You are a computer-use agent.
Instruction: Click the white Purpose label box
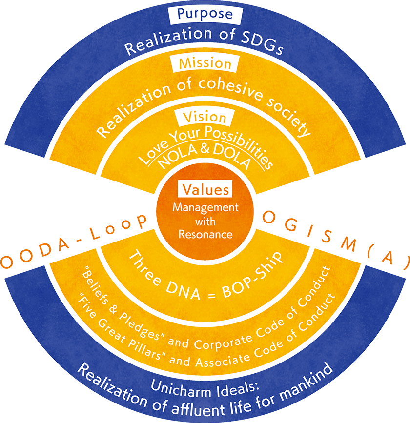point(205,14)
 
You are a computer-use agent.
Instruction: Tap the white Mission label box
point(205,63)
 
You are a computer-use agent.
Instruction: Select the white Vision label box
point(205,118)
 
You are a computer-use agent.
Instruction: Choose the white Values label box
point(205,188)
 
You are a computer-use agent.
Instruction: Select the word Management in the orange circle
point(205,207)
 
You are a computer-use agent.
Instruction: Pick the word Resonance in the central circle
point(205,234)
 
